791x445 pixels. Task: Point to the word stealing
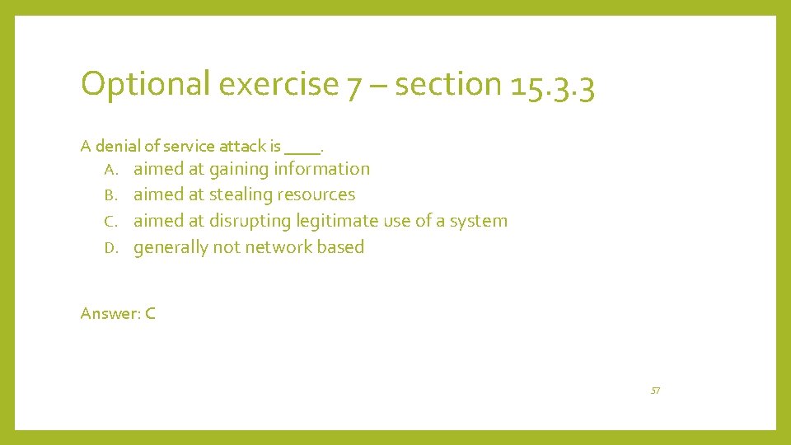241,195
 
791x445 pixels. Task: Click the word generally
171,248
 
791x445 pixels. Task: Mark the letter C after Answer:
150,313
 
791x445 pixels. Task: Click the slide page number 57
655,391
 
